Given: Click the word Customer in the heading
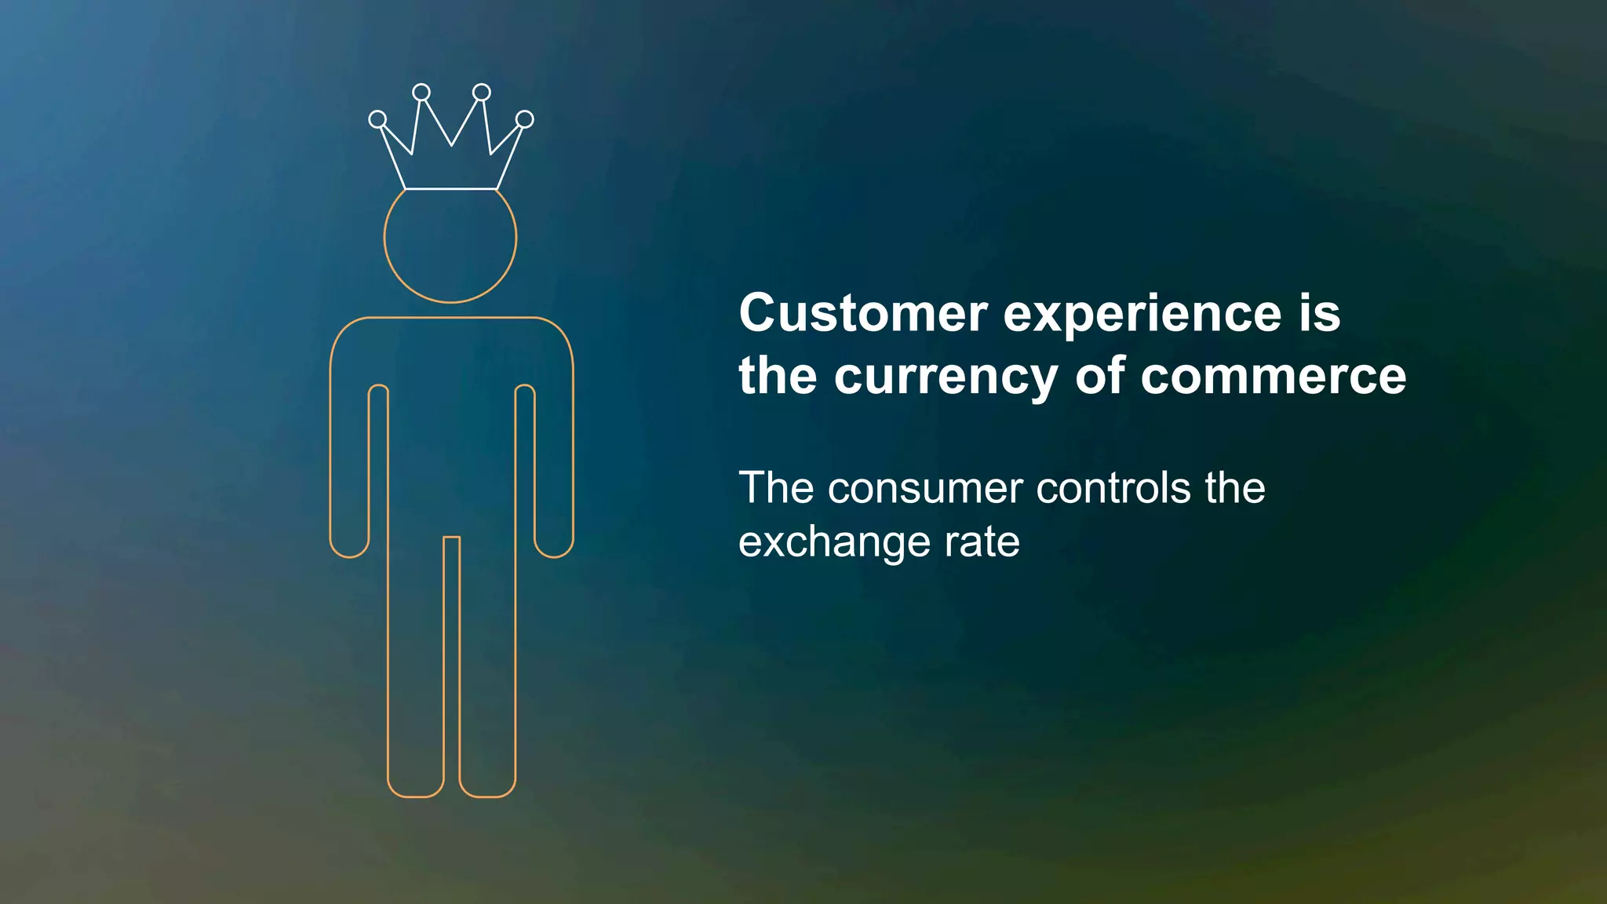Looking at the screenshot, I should point(863,314).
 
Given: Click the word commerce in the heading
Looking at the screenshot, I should point(1273,377).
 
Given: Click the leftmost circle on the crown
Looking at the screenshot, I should point(377,119).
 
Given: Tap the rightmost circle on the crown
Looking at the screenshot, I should point(525,119).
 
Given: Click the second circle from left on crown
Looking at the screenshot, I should point(421,93).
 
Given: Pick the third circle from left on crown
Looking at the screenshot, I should point(482,93).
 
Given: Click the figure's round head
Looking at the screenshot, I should point(450,243).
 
